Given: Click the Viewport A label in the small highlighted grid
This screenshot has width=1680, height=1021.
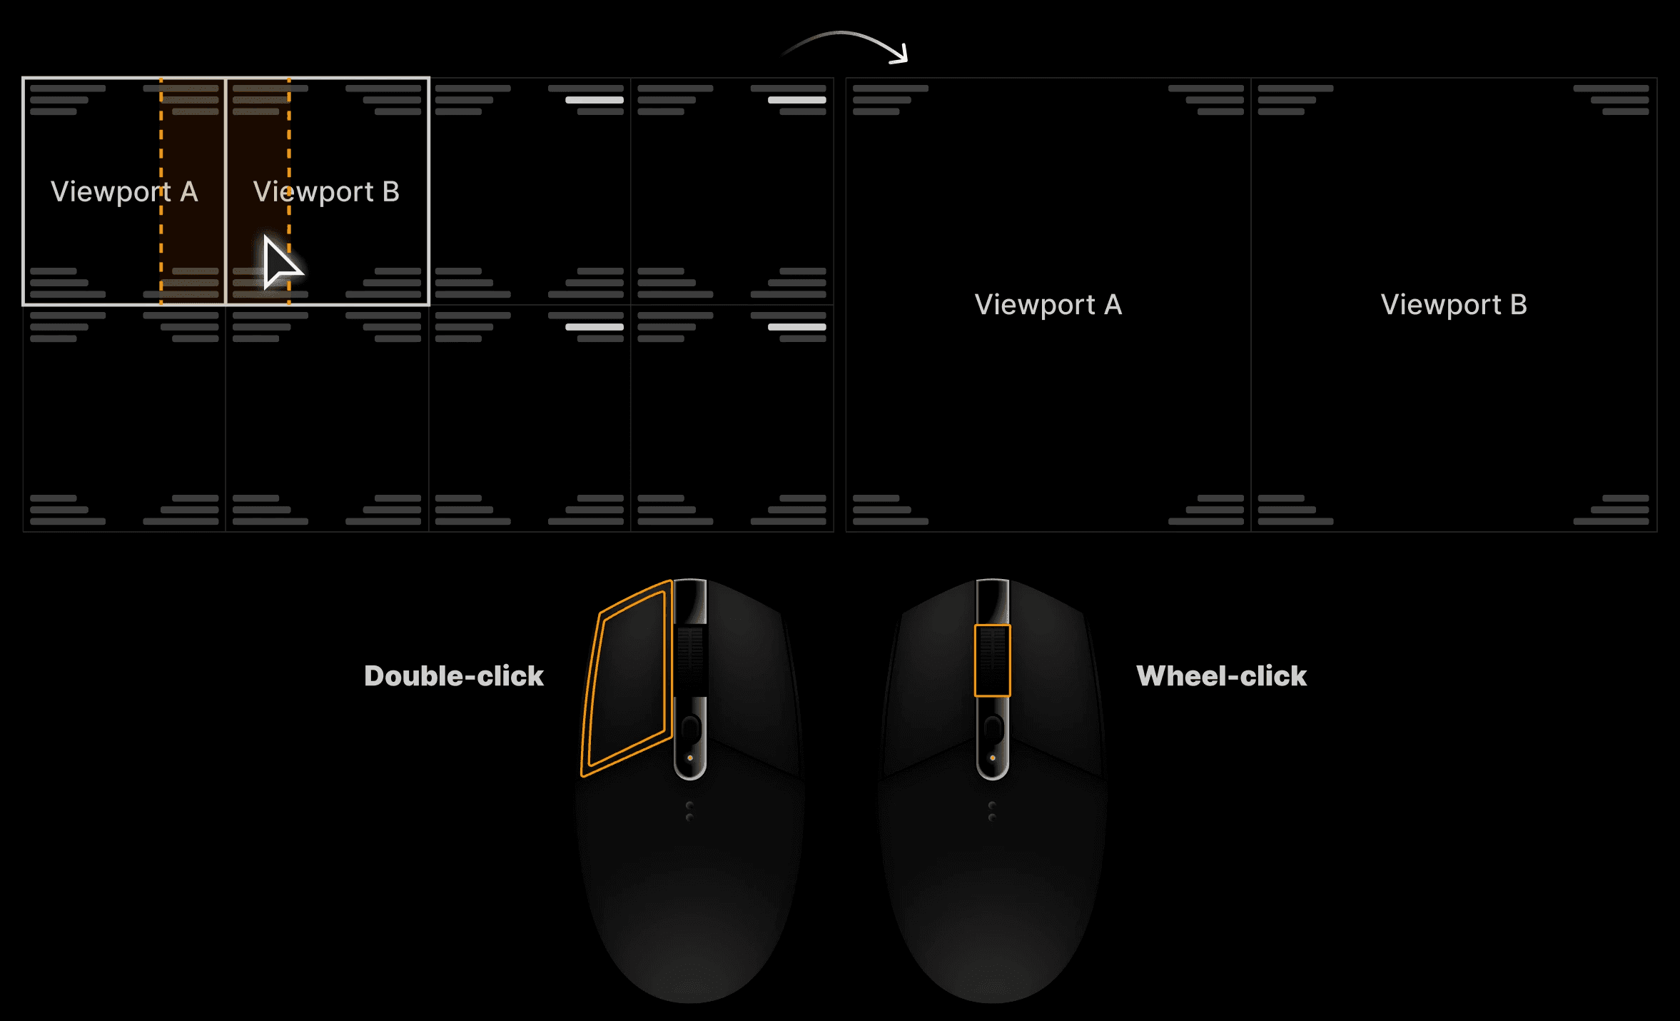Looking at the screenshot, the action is tap(124, 191).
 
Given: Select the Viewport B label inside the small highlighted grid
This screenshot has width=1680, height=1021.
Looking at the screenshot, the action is tap(326, 191).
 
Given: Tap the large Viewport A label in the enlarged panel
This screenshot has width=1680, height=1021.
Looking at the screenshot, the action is tap(1048, 305).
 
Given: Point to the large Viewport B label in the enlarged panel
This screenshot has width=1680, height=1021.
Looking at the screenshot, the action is tap(1454, 305).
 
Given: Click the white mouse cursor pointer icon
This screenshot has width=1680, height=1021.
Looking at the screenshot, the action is tap(279, 263).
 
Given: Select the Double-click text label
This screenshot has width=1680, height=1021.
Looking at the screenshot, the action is tap(454, 676).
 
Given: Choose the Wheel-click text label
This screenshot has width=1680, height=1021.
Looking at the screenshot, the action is tap(1221, 676).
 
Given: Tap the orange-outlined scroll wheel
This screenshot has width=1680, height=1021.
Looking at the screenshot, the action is tap(992, 660).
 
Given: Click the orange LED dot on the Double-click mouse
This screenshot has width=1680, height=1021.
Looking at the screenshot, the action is tap(690, 758).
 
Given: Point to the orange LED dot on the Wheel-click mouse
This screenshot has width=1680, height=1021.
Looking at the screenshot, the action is tap(992, 758).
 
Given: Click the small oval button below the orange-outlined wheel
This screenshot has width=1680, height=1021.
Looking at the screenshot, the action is tap(992, 729).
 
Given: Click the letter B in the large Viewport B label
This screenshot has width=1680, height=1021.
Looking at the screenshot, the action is tap(1519, 305).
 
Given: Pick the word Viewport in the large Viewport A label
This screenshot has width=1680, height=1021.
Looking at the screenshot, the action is tap(1035, 305).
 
